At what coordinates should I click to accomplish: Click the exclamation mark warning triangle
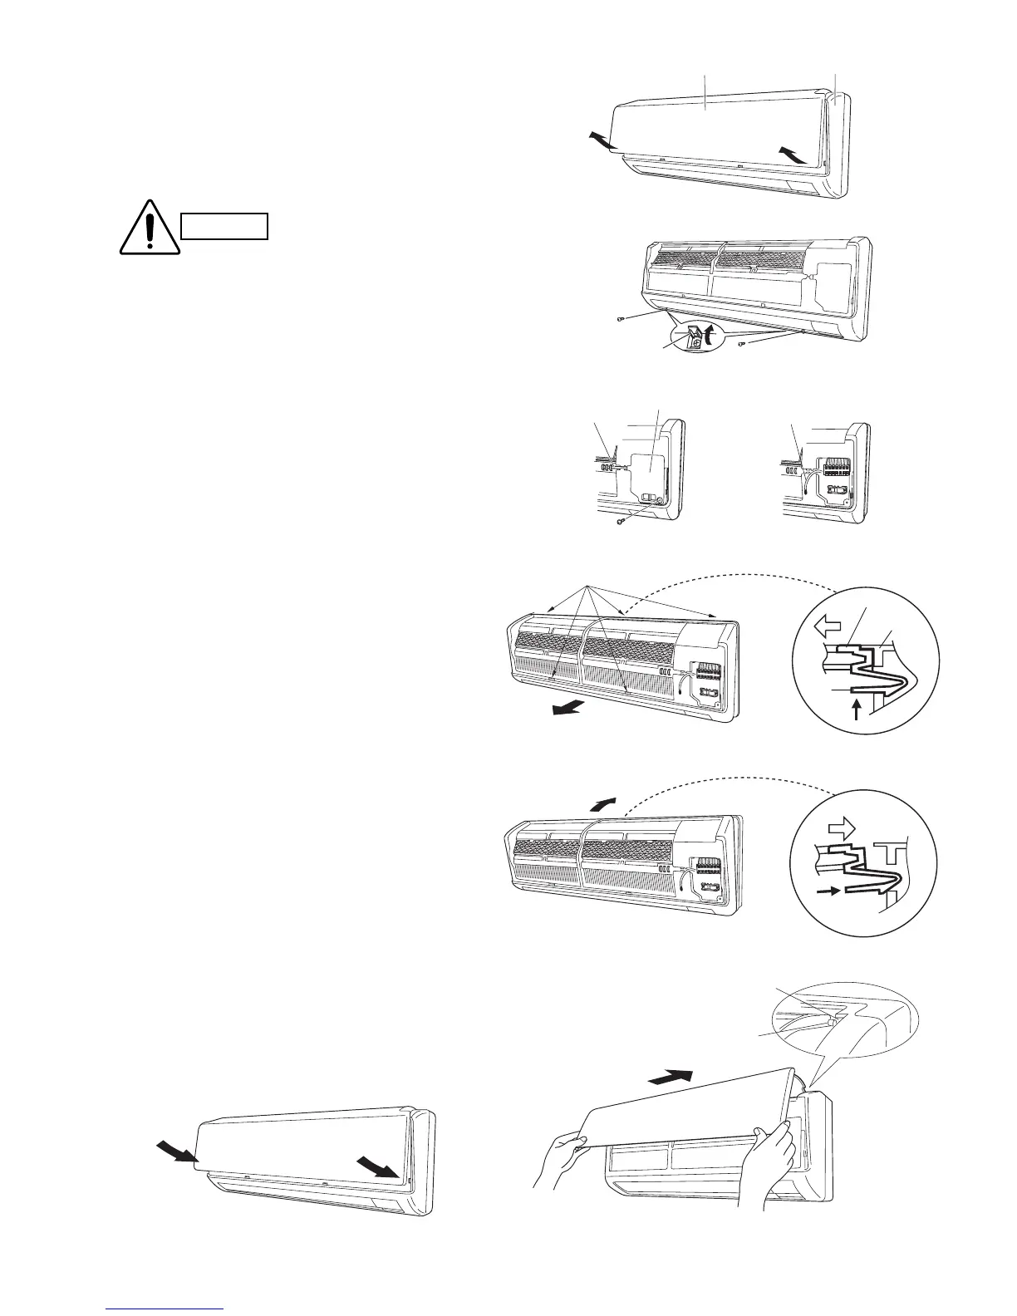pos(150,228)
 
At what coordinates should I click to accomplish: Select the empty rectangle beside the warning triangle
pos(225,226)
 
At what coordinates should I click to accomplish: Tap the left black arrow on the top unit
pos(599,140)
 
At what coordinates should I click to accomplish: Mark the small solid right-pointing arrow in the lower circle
pos(828,891)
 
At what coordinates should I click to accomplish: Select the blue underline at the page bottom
pos(166,1309)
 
